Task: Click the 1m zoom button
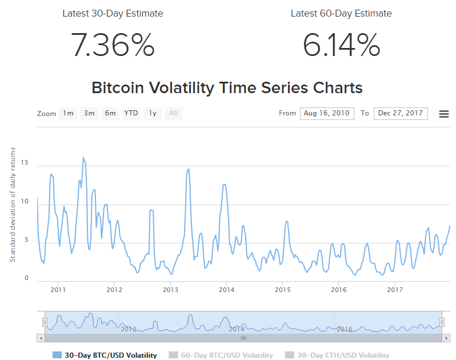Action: click(68, 113)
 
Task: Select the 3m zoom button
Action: click(89, 113)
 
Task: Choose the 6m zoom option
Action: click(110, 113)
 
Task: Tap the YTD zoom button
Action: click(131, 113)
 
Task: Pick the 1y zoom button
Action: click(153, 113)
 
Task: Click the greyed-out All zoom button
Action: click(174, 113)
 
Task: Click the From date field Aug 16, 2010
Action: click(327, 113)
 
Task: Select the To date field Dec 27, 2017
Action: click(401, 113)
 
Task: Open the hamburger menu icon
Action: click(443, 114)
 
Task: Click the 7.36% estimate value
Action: click(113, 45)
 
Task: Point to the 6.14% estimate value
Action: click(341, 45)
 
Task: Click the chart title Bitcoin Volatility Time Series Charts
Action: click(227, 88)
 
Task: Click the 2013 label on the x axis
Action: click(171, 290)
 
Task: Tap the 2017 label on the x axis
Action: click(395, 290)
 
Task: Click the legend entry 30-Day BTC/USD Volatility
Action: click(105, 355)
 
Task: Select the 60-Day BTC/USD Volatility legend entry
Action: click(221, 355)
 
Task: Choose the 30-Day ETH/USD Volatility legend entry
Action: click(337, 355)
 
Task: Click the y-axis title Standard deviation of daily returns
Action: click(12, 204)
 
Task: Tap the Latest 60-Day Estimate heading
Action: click(341, 13)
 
